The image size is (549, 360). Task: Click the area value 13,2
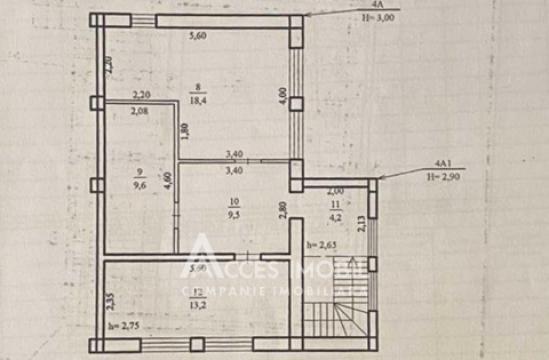pos(200,305)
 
